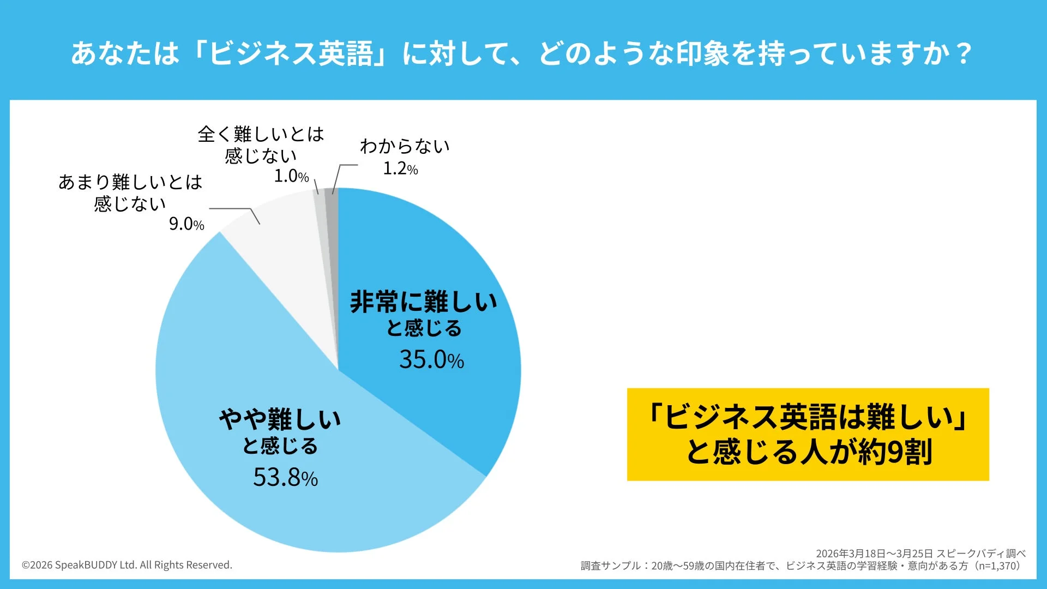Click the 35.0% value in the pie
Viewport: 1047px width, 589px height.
pos(431,359)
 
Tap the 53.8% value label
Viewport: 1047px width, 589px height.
pos(285,477)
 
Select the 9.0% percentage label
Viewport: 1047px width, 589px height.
pos(186,224)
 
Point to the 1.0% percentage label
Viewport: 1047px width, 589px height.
pos(291,176)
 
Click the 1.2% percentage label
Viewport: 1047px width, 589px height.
pos(400,169)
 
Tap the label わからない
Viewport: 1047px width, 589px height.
pos(405,146)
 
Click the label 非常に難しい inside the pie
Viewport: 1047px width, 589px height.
pos(424,302)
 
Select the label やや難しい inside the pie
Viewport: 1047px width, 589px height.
pos(280,419)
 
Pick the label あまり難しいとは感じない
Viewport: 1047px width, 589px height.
pos(130,193)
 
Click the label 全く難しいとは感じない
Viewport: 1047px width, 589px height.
pos(261,145)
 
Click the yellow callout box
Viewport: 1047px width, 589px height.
pos(808,434)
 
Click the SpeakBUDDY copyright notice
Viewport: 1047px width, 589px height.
pos(127,565)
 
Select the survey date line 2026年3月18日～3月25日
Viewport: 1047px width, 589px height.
pos(874,554)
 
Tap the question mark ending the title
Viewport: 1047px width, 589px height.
pos(964,53)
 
